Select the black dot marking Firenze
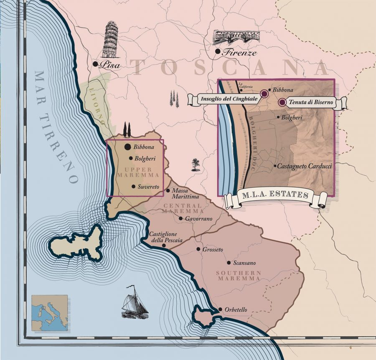click(217, 51)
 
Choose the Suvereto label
click(149, 187)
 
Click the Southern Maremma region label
click(239, 276)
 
